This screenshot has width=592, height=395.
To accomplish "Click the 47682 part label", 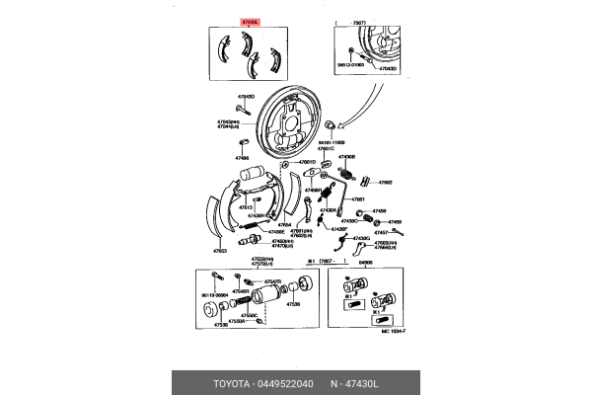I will pyautogui.click(x=386, y=183).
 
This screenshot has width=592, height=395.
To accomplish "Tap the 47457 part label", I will pyautogui.click(x=382, y=233).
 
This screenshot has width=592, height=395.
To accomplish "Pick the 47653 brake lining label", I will pyautogui.click(x=220, y=251).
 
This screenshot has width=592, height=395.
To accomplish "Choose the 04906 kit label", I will pyautogui.click(x=365, y=264).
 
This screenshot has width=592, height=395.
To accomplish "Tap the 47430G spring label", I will pyautogui.click(x=361, y=238).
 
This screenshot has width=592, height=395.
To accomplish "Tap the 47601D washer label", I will pyautogui.click(x=308, y=162).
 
